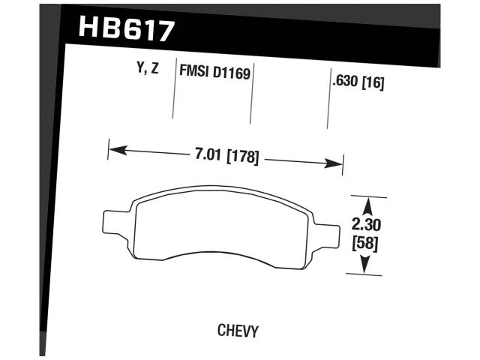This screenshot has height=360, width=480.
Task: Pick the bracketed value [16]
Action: pyautogui.click(x=373, y=84)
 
